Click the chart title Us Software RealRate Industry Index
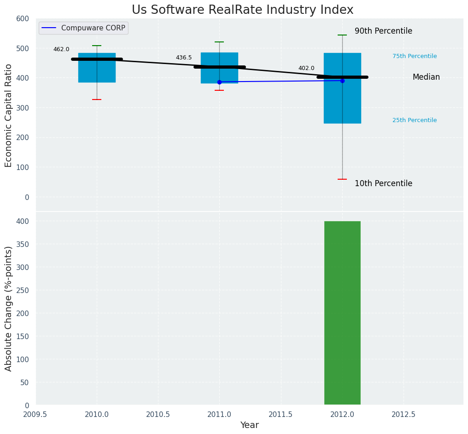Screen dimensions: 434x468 pyautogui.click(x=242, y=10)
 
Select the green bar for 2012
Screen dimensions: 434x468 pyautogui.click(x=342, y=313)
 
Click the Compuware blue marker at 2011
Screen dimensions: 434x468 pyautogui.click(x=219, y=82)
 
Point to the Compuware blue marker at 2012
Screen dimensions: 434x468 pyautogui.click(x=342, y=81)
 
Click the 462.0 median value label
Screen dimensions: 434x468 pyautogui.click(x=61, y=49)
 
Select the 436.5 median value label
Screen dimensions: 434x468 pyautogui.click(x=184, y=58)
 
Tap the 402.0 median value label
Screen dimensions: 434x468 pyautogui.click(x=306, y=68)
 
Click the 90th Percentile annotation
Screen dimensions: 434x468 pyautogui.click(x=383, y=31)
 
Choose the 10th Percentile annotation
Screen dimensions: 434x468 pyautogui.click(x=383, y=183)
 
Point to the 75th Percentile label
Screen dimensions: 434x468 pyautogui.click(x=415, y=56)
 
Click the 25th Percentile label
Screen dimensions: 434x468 pyautogui.click(x=415, y=120)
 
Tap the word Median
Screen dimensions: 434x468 pyautogui.click(x=426, y=77)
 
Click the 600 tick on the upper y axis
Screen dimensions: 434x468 pyautogui.click(x=23, y=19)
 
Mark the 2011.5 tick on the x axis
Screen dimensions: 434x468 pyautogui.click(x=281, y=414)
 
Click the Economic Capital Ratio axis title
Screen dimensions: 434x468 pyautogui.click(x=9, y=115)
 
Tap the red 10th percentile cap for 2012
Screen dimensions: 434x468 pyautogui.click(x=342, y=179)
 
